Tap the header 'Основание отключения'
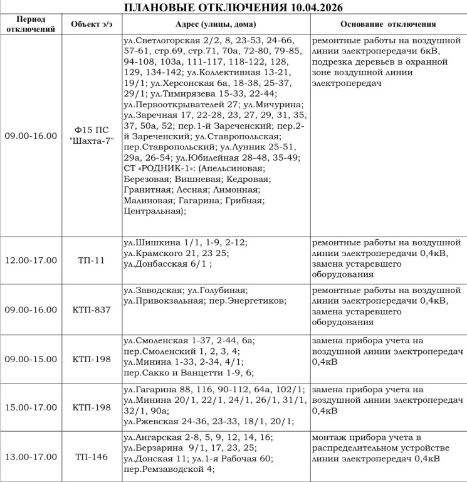(x=388, y=24)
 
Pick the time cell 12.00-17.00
(x=31, y=260)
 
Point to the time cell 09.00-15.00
(x=31, y=360)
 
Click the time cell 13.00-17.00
(x=31, y=456)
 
